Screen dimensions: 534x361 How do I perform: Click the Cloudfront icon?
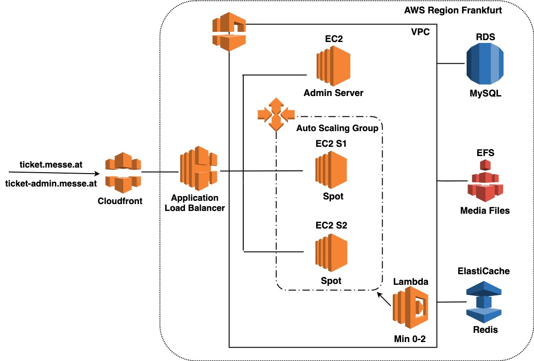(123, 172)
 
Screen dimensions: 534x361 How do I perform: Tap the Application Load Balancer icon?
(198, 168)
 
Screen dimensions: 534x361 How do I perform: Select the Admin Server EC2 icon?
(333, 66)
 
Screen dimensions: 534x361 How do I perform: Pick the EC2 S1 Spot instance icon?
(331, 170)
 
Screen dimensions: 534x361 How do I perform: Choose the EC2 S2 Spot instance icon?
(331, 253)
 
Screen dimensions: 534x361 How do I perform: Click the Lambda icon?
(410, 307)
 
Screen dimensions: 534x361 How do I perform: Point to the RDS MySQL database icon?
(485, 64)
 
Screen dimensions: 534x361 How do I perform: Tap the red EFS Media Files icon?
(485, 181)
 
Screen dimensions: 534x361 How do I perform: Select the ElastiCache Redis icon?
(484, 302)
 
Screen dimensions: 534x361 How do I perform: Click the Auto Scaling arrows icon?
(276, 114)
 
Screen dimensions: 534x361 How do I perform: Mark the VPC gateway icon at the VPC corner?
(229, 32)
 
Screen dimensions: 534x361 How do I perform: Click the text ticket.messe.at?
(51, 164)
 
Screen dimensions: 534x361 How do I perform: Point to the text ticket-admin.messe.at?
(51, 184)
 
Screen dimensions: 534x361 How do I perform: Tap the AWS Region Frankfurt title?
(453, 10)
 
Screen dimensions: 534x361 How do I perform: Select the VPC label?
(420, 32)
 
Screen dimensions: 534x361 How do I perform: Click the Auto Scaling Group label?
(337, 128)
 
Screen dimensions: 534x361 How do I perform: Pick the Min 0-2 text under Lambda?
(410, 339)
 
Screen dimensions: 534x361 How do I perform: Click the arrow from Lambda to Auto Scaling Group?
(384, 299)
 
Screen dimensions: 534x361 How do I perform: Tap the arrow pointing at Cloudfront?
(54, 173)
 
